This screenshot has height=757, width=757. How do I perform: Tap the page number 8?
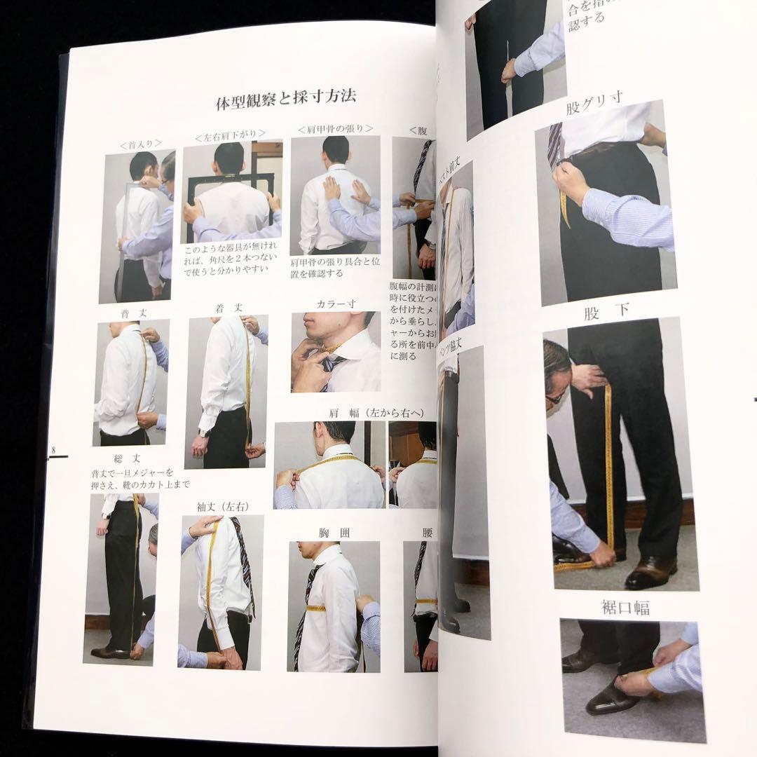(x=53, y=449)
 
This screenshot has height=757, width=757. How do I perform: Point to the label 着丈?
(x=229, y=308)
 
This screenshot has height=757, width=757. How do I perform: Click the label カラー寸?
(x=336, y=304)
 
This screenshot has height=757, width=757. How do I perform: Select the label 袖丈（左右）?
(x=222, y=505)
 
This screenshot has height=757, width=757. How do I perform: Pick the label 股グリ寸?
(x=594, y=109)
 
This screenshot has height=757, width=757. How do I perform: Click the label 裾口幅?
(x=626, y=608)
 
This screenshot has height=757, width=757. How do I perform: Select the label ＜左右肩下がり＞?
(x=230, y=135)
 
